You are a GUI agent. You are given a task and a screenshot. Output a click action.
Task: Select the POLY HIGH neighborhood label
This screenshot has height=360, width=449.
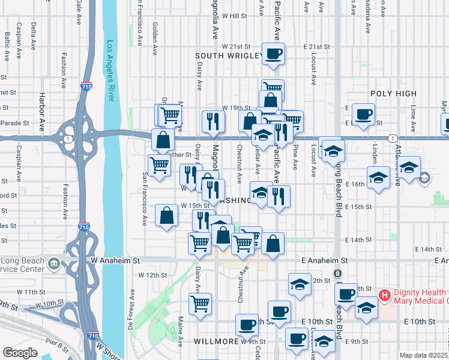point(393,94)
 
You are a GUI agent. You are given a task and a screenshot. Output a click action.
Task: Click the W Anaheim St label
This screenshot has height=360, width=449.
point(115,261)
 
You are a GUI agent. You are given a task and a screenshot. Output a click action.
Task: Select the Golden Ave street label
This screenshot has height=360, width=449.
point(155,40)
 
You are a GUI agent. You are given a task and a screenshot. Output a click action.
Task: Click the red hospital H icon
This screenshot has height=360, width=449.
point(385,296)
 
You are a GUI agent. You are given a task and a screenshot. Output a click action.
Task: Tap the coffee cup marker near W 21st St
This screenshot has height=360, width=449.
point(273,53)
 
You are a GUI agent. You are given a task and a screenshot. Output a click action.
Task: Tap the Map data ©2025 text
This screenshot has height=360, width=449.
point(424,355)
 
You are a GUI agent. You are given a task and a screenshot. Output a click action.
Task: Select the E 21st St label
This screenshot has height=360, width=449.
point(317,46)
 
